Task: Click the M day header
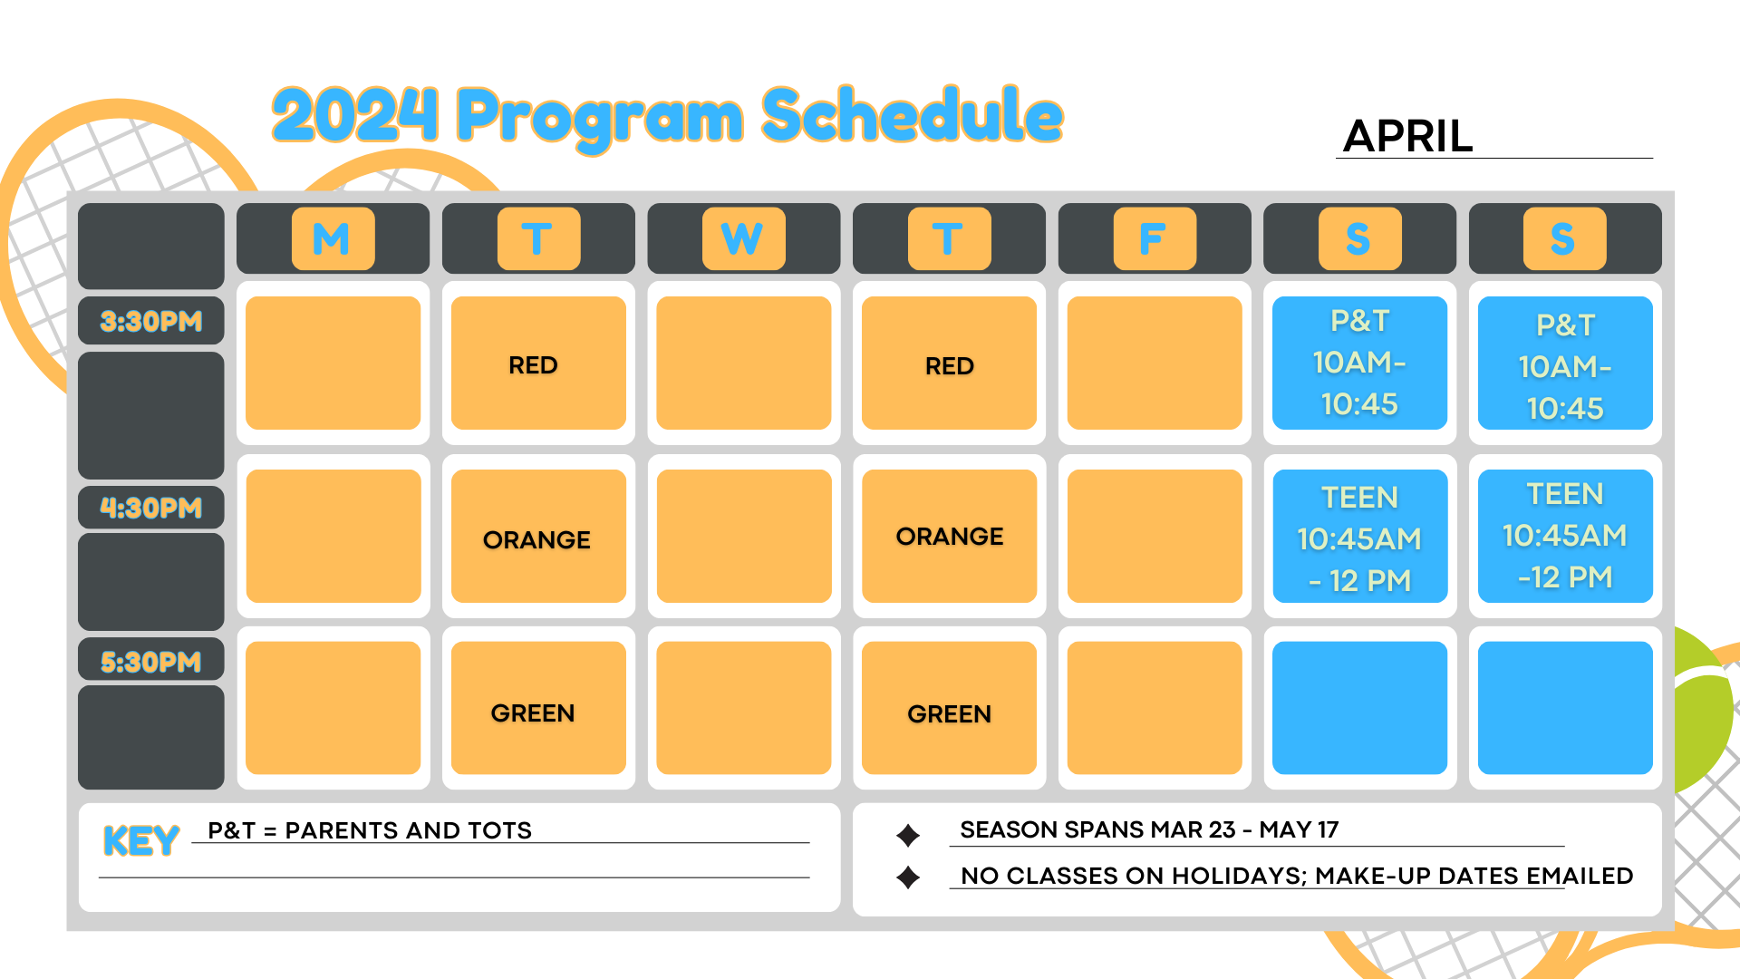coord(333,238)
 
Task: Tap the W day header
coord(743,238)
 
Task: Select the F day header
coord(1155,238)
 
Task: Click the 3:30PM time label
coord(151,321)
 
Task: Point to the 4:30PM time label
coord(151,508)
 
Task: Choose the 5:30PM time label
coord(151,662)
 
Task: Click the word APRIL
coord(1408,136)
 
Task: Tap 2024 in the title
coord(355,115)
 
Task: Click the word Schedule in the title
coord(913,115)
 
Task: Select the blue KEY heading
coord(141,841)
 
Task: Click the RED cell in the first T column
coord(538,363)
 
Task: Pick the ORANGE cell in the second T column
coord(949,536)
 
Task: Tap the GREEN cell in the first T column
coord(538,708)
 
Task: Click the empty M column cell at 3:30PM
coord(333,363)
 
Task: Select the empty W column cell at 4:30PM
coord(744,536)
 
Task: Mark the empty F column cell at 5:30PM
coord(1155,708)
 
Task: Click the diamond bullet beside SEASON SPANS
coord(908,835)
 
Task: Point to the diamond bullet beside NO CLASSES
coord(908,877)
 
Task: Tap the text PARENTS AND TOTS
coord(409,830)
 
